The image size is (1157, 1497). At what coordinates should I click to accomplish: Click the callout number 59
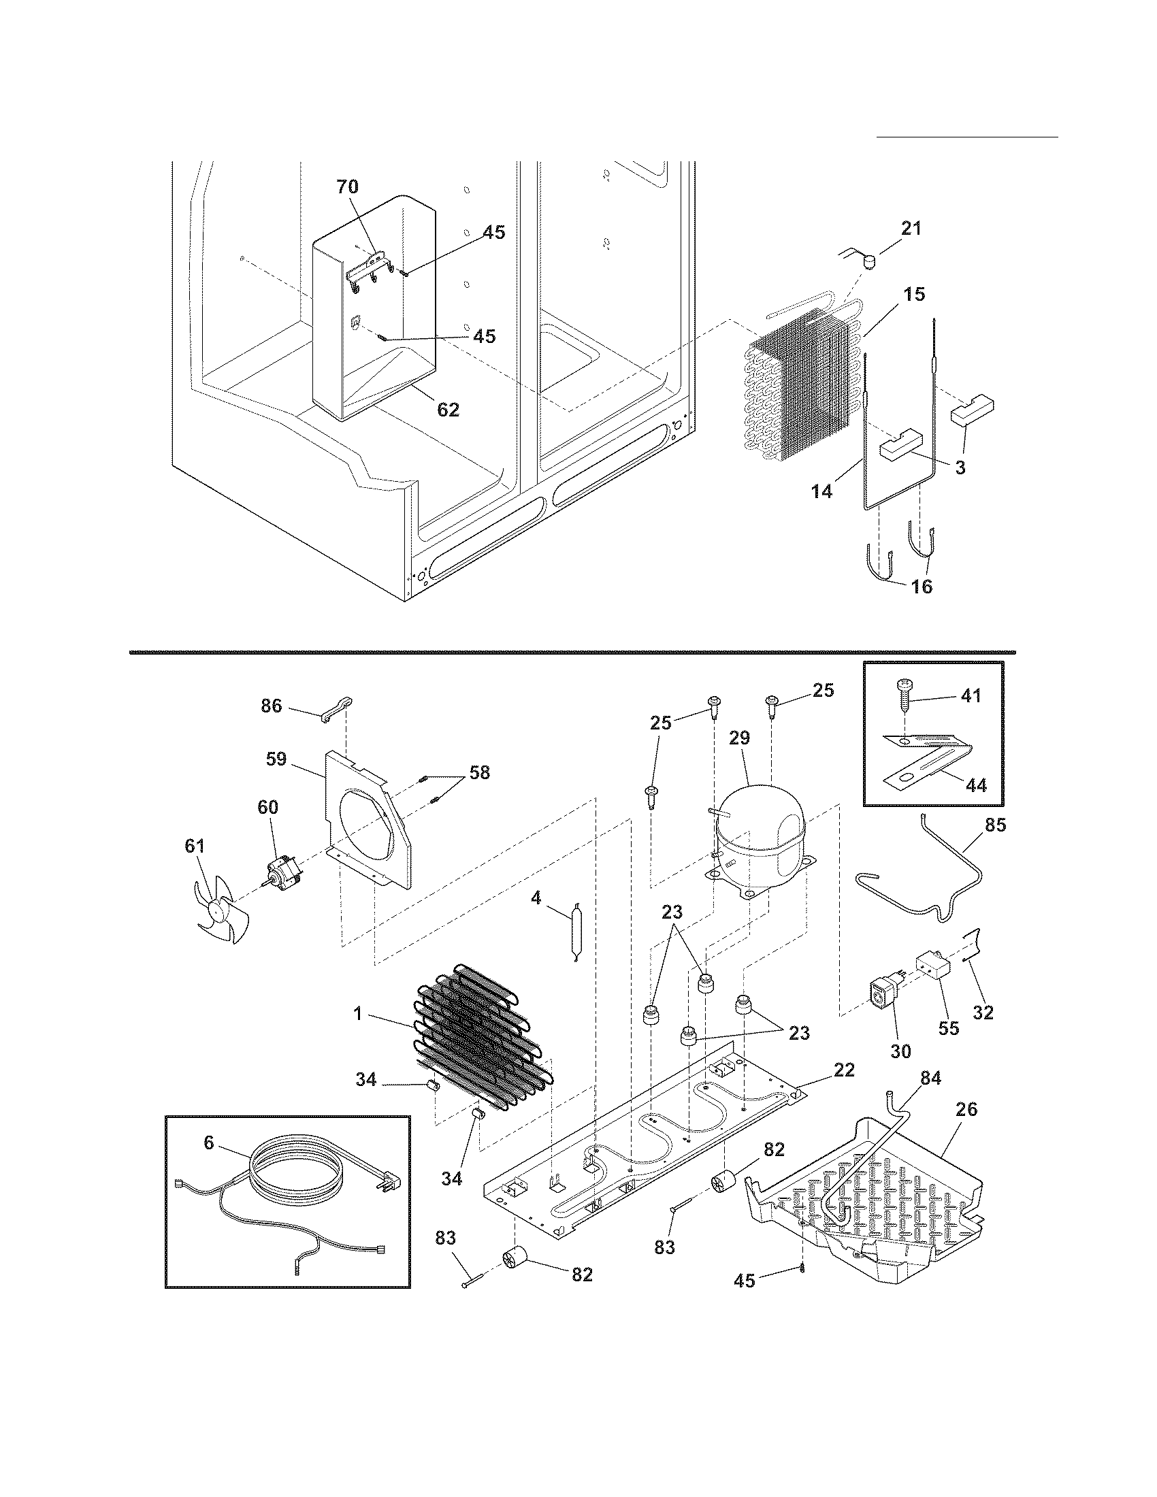(276, 759)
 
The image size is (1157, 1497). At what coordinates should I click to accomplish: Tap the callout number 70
(347, 186)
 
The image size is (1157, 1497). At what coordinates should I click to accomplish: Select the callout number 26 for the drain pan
(966, 1108)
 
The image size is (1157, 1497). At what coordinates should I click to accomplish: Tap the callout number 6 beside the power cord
(208, 1142)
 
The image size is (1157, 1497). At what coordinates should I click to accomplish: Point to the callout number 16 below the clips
(923, 587)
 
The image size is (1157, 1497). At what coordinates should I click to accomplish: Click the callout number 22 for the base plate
(844, 1070)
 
